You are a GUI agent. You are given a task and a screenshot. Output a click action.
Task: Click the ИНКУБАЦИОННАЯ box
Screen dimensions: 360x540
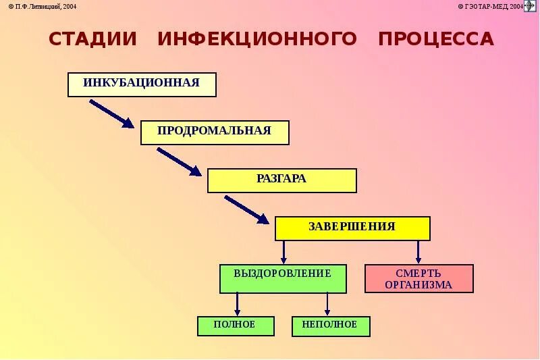[142, 84]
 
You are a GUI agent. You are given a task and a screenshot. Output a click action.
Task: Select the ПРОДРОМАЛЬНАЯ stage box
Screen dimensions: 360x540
[215, 132]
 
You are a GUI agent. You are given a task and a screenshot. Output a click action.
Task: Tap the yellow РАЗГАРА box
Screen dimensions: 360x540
[281, 180]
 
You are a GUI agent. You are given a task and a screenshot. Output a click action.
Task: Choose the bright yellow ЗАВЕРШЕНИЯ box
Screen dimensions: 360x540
[352, 228]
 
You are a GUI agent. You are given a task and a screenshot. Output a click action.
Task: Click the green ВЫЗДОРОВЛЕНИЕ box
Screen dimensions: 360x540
[283, 278]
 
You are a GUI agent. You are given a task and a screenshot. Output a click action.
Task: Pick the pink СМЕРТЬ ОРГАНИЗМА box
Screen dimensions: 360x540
[418, 278]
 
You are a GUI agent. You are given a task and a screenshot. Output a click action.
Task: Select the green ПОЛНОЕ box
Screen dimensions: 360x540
[236, 326]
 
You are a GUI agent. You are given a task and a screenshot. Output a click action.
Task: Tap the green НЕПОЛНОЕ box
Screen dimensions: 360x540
[331, 326]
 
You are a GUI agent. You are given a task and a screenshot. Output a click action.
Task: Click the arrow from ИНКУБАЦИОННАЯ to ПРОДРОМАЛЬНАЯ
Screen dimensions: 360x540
[111, 113]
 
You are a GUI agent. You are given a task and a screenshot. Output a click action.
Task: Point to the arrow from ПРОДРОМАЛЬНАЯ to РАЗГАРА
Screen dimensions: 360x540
[179, 161]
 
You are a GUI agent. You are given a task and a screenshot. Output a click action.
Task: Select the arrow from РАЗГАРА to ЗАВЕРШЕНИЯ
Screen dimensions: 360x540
[246, 209]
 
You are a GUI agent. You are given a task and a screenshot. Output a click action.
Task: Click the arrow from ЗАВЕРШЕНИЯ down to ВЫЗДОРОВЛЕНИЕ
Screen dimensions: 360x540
[283, 252]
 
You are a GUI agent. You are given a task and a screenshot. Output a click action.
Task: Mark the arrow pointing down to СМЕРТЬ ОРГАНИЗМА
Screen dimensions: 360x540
[418, 252]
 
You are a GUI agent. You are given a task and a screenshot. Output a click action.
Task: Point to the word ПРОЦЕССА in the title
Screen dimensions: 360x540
[436, 39]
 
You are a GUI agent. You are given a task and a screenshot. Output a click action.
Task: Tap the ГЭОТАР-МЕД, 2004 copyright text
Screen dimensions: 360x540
[491, 6]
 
